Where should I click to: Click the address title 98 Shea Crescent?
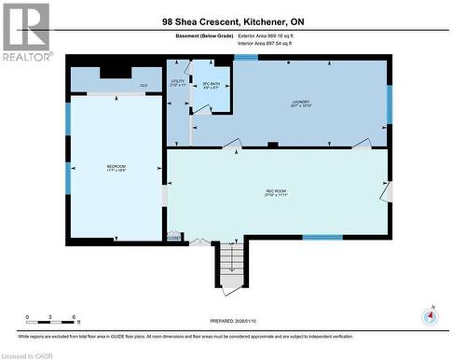click(x=233, y=21)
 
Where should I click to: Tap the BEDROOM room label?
click(x=116, y=169)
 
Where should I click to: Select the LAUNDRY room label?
click(x=299, y=104)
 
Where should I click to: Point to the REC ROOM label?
click(x=277, y=193)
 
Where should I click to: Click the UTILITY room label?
click(x=177, y=82)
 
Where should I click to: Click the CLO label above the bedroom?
click(x=144, y=85)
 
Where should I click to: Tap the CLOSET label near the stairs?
click(x=174, y=238)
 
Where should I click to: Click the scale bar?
click(x=51, y=323)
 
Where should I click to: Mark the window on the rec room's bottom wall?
click(x=322, y=237)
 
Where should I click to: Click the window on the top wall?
click(x=246, y=58)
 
